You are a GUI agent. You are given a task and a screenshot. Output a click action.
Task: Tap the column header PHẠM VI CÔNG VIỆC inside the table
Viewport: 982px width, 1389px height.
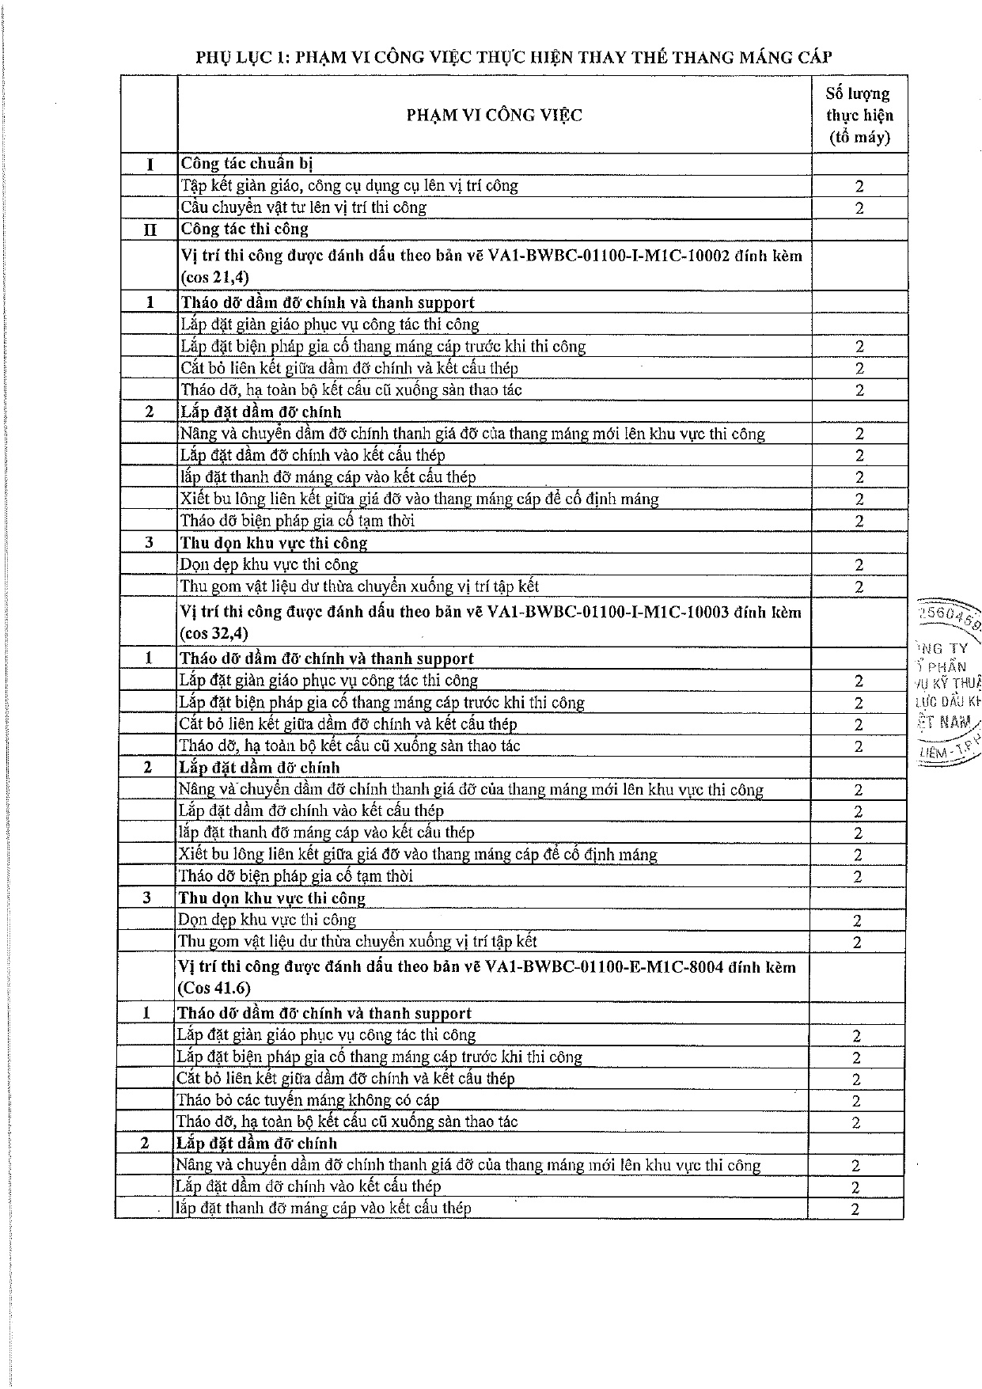click(x=494, y=116)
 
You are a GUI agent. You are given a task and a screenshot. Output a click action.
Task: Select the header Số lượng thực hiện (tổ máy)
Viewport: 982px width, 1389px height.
click(x=859, y=116)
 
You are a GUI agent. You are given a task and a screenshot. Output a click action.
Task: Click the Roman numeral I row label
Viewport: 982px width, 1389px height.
click(x=150, y=165)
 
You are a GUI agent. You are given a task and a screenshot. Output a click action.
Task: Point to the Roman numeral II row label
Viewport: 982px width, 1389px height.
click(x=150, y=230)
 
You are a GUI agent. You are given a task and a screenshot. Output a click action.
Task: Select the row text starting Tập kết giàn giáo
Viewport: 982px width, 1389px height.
click(x=349, y=186)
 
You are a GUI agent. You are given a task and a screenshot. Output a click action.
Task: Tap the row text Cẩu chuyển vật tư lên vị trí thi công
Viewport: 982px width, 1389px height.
click(x=303, y=207)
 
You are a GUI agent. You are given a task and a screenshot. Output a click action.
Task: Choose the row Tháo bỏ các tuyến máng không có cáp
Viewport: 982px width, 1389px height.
click(x=307, y=1099)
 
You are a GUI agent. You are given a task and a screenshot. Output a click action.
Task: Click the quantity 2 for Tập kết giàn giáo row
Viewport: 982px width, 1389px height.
click(x=859, y=187)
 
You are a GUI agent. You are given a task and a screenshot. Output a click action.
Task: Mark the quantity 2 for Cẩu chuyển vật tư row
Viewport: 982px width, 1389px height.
click(x=859, y=208)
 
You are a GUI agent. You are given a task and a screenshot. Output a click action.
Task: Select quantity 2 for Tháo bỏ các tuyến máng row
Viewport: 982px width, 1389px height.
click(x=855, y=1100)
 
